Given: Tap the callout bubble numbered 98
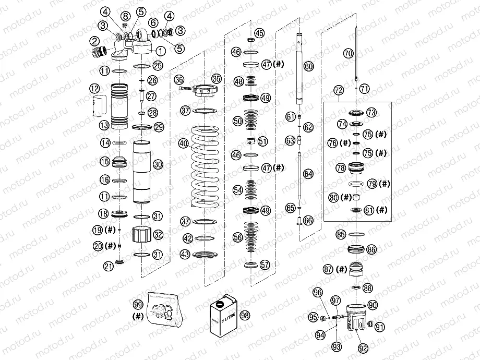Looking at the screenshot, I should click(245, 315).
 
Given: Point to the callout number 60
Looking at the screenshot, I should click(309, 66).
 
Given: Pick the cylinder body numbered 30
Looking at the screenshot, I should click(141, 172).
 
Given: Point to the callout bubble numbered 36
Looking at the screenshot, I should click(179, 79).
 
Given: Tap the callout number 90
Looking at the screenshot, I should click(373, 304).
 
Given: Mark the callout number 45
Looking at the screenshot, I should click(259, 33).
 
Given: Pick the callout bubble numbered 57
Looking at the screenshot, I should click(266, 265).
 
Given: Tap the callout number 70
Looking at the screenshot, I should click(349, 53).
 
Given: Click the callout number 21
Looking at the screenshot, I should click(108, 266).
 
